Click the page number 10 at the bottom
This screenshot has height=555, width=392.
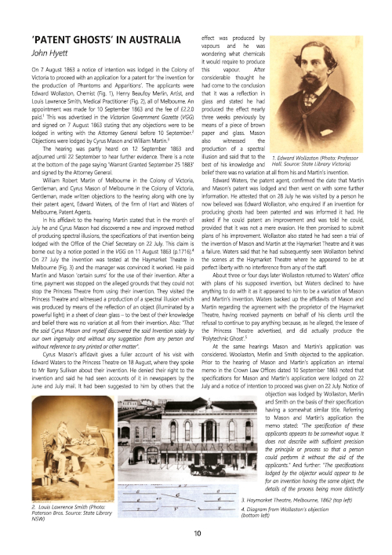(195, 534)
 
